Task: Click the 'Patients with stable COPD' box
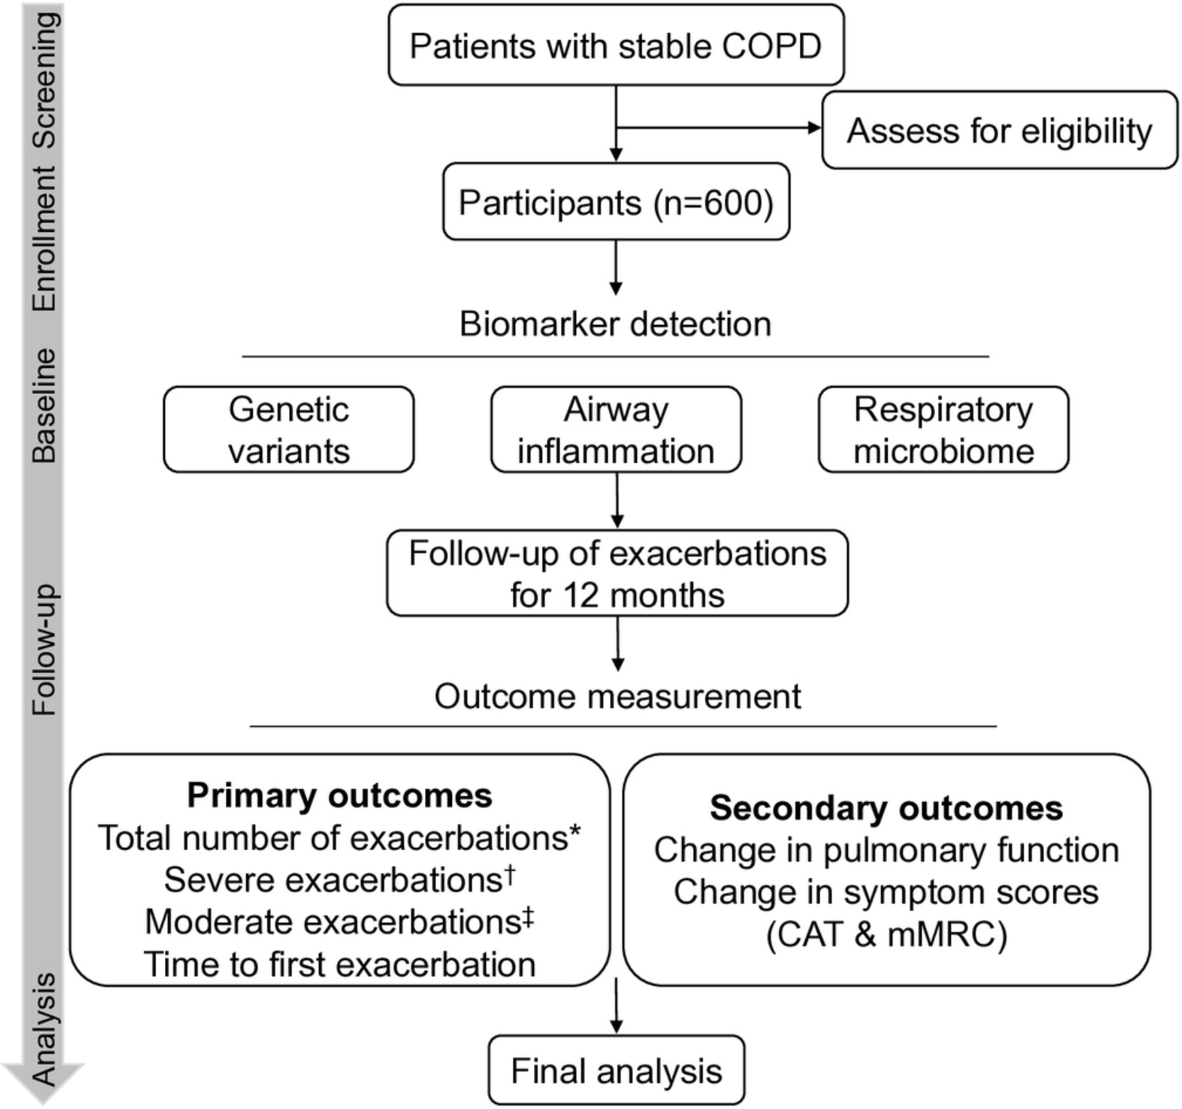pyautogui.click(x=616, y=45)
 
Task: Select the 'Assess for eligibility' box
pyautogui.click(x=999, y=130)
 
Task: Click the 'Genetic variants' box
pyautogui.click(x=289, y=430)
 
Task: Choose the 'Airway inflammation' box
pyautogui.click(x=616, y=430)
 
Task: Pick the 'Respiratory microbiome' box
pyautogui.click(x=944, y=430)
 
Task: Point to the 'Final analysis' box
pyautogui.click(x=617, y=1070)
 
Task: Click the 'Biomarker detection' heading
pyautogui.click(x=615, y=324)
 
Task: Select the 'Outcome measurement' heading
pyautogui.click(x=617, y=696)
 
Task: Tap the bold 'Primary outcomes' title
pyautogui.click(x=339, y=796)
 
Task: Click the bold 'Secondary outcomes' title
pyautogui.click(x=886, y=808)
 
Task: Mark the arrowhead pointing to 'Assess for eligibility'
pyautogui.click(x=815, y=128)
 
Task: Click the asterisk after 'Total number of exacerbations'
pyautogui.click(x=575, y=830)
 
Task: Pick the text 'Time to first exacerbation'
pyautogui.click(x=339, y=964)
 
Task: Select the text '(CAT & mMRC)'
pyautogui.click(x=886, y=934)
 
